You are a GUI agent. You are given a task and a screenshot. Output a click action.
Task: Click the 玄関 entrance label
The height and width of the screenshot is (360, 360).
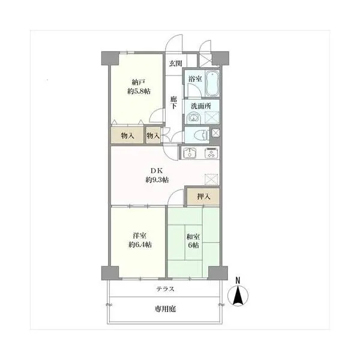tap(176, 64)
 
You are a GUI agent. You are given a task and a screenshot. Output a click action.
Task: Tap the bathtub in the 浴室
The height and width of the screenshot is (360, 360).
tap(212, 83)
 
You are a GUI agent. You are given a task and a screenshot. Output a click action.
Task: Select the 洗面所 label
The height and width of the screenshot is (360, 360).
tap(201, 106)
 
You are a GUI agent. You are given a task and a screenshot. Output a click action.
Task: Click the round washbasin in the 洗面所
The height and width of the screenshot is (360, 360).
tap(194, 118)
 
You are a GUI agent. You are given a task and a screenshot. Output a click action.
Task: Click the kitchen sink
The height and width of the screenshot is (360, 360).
tap(189, 152)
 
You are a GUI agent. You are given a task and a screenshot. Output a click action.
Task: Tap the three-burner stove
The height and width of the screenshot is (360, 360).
tap(211, 153)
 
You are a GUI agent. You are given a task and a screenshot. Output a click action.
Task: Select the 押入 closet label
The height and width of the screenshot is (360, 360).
tap(203, 197)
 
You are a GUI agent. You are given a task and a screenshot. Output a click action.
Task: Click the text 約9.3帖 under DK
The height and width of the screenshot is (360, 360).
tap(157, 180)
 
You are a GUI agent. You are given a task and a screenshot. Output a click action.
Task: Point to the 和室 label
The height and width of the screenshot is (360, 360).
tap(193, 236)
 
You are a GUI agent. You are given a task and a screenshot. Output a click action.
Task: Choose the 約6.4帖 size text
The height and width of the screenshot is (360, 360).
tap(140, 245)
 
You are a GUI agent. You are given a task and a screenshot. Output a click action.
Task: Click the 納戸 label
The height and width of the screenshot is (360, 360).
tap(139, 82)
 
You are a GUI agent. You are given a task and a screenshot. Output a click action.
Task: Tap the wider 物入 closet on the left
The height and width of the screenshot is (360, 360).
tap(127, 136)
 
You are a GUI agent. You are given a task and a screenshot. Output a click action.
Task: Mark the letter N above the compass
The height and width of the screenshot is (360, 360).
tap(238, 280)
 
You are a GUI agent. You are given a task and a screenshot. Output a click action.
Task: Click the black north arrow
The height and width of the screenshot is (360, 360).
tap(238, 296)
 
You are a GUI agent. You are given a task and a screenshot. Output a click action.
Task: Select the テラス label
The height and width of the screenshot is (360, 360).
tap(166, 289)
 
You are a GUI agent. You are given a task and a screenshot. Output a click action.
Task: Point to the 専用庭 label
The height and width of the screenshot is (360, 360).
tap(166, 309)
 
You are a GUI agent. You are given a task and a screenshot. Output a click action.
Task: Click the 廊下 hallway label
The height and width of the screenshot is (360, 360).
tap(173, 103)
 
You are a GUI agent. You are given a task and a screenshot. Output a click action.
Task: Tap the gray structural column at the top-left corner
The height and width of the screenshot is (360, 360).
tap(110, 58)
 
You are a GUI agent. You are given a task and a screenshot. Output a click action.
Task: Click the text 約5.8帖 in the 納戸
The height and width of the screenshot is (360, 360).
tap(139, 91)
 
